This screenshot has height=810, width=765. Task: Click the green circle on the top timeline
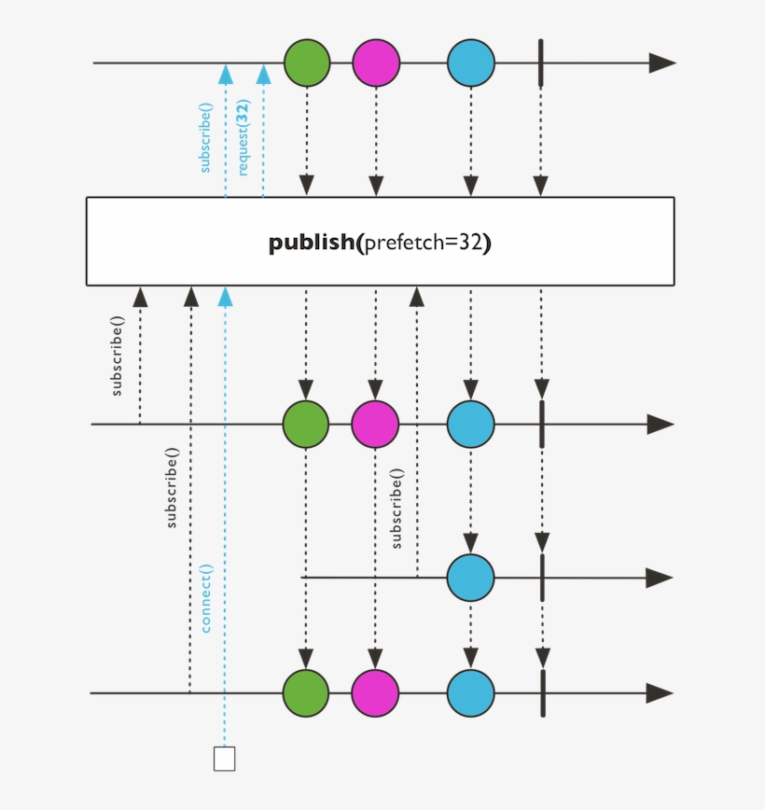307,63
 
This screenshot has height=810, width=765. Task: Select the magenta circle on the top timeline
376,63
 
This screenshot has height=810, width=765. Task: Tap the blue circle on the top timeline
470,63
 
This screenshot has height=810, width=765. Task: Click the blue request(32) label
243,139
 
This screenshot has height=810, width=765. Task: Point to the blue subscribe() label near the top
205,136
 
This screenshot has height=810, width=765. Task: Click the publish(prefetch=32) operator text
380,243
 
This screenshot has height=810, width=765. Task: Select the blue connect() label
206,598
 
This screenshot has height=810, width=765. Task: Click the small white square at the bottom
224,758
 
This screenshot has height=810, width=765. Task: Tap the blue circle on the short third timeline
470,578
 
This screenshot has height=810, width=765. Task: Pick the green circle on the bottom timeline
306,693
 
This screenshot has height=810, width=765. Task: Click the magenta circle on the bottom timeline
375,693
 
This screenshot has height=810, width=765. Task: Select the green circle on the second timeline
306,425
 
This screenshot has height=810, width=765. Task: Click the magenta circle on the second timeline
375,425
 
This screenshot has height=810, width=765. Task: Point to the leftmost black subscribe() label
118,357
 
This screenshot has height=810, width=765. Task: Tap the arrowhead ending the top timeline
661,63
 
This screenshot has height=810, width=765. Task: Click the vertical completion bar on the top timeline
540,63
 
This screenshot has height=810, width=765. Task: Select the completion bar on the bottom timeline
541,693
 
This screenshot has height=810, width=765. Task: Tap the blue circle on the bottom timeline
470,693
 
